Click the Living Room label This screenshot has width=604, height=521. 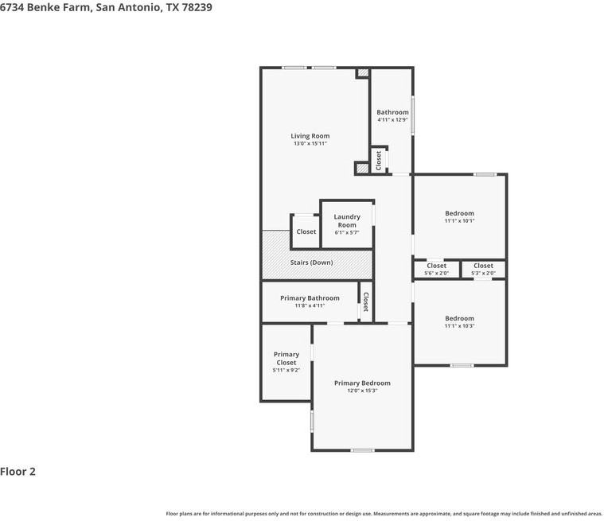point(310,136)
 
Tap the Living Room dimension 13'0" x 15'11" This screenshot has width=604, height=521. point(310,144)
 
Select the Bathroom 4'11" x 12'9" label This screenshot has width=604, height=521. point(392,115)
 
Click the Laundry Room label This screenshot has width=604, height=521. point(347,220)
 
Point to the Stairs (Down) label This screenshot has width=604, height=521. point(311,262)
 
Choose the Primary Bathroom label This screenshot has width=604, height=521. point(310,298)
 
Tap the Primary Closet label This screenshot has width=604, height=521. point(286,359)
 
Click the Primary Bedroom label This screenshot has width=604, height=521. point(362,383)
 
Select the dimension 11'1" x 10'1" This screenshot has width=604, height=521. point(459,221)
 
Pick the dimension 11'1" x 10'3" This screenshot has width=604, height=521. point(459,326)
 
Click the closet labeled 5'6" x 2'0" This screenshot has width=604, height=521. point(436,269)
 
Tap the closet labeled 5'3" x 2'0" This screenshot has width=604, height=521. point(483,269)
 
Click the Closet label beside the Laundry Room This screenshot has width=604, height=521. point(306,231)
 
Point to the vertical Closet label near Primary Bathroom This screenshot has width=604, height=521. point(366,301)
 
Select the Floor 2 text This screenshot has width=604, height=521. point(18,472)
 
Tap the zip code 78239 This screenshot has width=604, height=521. point(196,7)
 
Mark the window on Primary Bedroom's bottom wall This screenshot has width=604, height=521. point(362,450)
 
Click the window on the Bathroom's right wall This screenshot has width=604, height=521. point(412,116)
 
